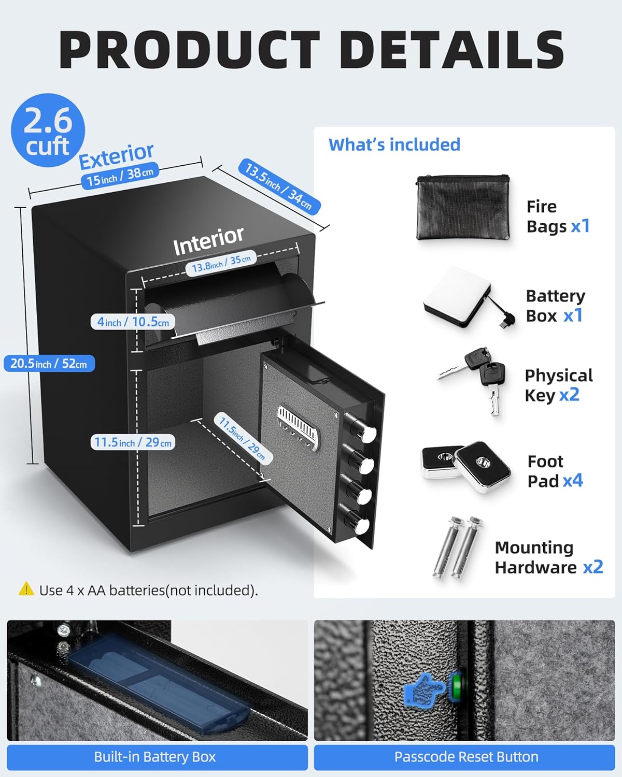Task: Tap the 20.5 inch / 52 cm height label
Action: [49, 363]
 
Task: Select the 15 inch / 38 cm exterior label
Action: [120, 177]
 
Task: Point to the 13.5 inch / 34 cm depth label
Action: [279, 186]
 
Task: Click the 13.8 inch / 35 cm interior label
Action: [221, 263]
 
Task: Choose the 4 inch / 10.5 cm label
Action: [133, 322]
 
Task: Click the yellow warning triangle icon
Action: [26, 589]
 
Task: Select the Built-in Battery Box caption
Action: [155, 757]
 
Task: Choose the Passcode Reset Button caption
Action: [466, 757]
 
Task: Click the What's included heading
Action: [394, 145]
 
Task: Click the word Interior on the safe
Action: [208, 241]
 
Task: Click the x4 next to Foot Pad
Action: [573, 481]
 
